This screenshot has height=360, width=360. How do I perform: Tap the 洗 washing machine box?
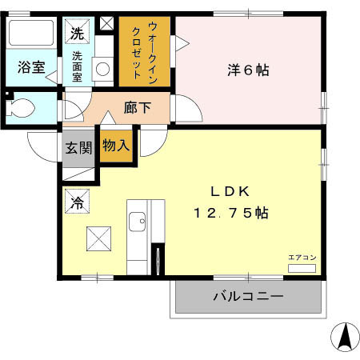[x=77, y=34]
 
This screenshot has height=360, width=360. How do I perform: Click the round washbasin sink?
[x=103, y=70]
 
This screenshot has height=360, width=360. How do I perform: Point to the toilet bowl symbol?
[x=22, y=107]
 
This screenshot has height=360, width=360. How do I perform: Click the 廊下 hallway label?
[x=137, y=107]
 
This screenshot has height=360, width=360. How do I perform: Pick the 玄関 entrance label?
[x=78, y=147]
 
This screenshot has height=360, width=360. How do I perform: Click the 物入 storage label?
[x=116, y=144]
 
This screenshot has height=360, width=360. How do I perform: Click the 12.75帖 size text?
[x=230, y=214]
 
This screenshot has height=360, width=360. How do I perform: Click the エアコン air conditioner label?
[x=302, y=257]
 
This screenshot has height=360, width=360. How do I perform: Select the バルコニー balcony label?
[x=247, y=297]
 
